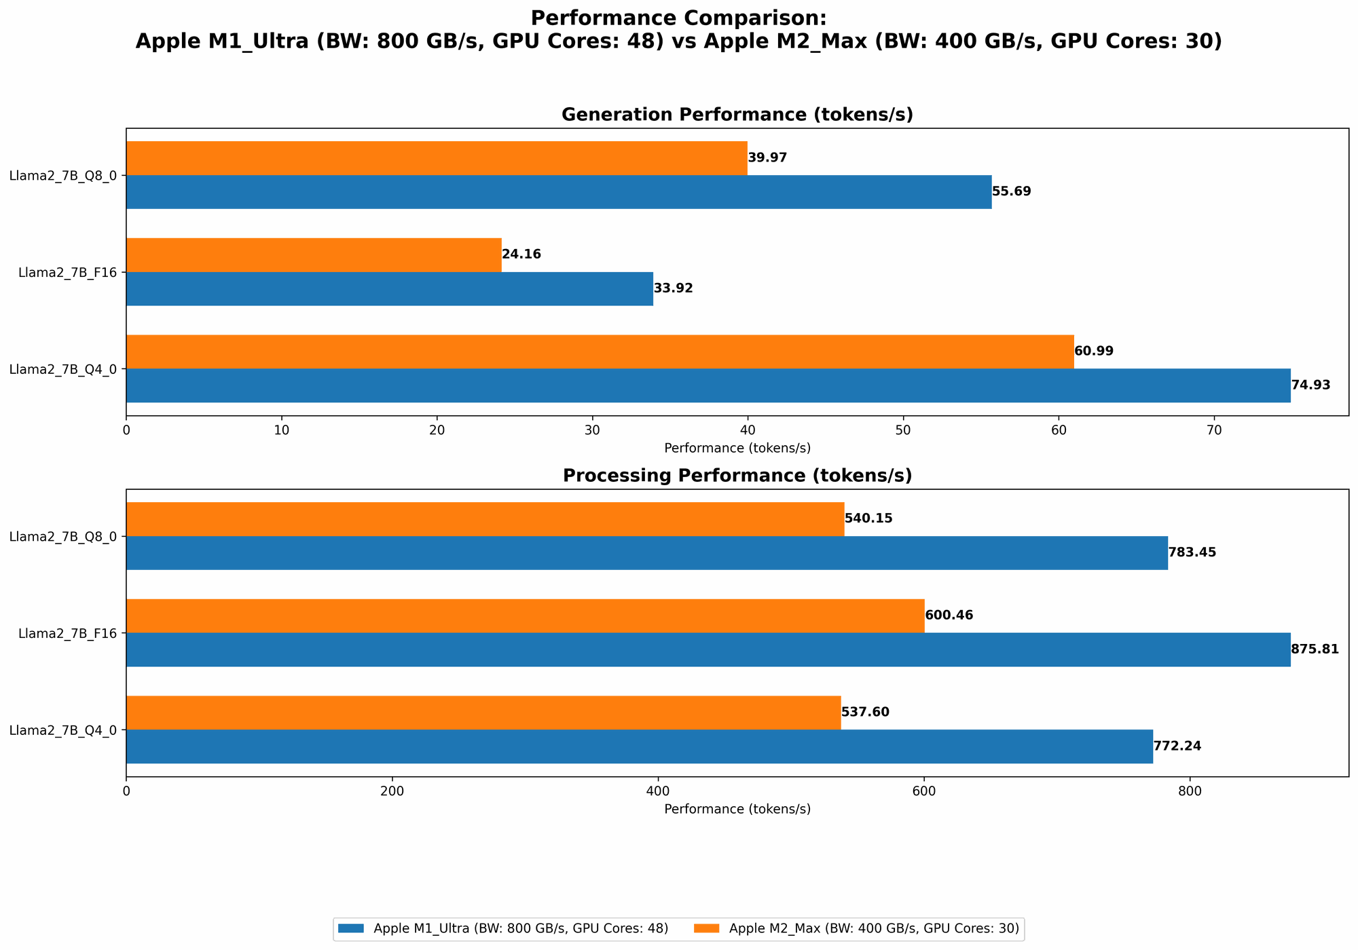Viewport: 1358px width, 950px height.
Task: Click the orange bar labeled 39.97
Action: click(x=437, y=158)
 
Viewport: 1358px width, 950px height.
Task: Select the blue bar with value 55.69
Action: click(x=559, y=192)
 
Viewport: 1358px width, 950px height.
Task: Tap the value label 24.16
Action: click(x=521, y=255)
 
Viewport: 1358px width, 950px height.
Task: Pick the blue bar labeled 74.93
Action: click(x=708, y=385)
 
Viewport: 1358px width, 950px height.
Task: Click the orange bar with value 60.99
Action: click(x=600, y=351)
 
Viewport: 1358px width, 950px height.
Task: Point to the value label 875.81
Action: click(x=1315, y=649)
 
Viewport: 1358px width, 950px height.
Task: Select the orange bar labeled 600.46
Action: click(x=525, y=616)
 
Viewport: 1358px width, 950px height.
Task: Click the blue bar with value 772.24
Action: click(x=640, y=746)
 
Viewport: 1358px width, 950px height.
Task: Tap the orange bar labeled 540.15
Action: click(x=485, y=519)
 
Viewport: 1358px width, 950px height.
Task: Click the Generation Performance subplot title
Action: click(x=737, y=115)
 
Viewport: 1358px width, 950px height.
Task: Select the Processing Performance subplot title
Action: click(x=737, y=476)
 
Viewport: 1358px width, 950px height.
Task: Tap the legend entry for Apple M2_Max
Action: click(x=874, y=929)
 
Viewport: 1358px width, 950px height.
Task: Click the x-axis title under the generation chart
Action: click(x=737, y=448)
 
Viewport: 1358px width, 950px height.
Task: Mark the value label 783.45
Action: click(x=1192, y=553)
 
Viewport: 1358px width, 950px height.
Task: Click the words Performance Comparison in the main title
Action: click(x=679, y=18)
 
